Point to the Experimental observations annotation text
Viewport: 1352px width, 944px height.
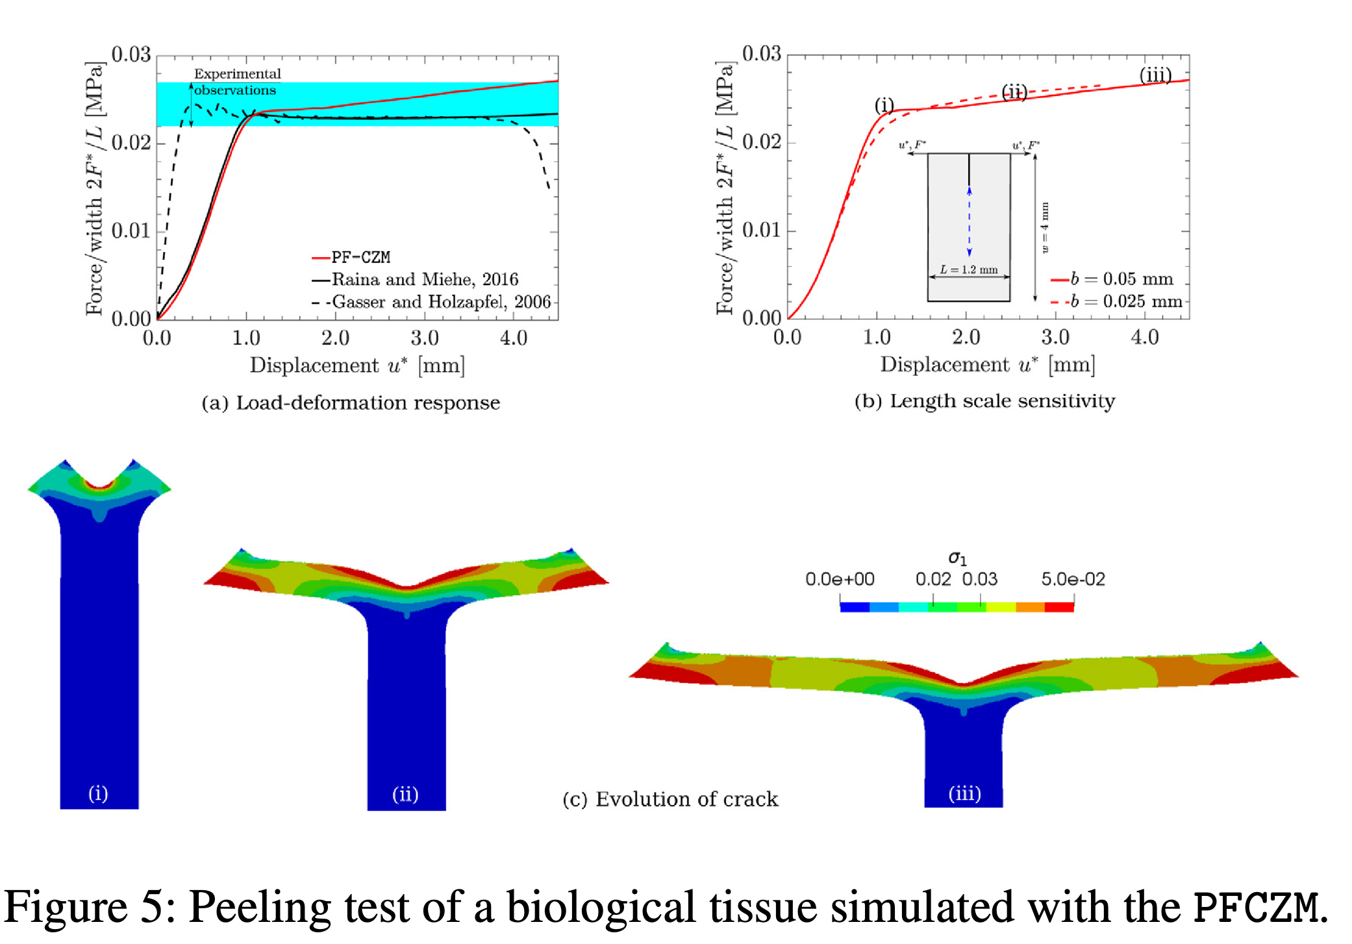[237, 82]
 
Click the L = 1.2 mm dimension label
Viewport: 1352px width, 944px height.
[969, 269]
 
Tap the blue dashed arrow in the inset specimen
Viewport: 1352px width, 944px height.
[969, 221]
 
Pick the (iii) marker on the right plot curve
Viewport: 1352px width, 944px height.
[1155, 75]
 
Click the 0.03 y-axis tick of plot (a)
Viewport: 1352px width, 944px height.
[131, 55]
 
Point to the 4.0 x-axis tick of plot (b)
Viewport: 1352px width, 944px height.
[1144, 337]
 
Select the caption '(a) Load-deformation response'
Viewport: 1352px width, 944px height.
[351, 403]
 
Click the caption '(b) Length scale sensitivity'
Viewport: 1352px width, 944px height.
[984, 401]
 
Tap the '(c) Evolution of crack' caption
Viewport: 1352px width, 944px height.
[670, 799]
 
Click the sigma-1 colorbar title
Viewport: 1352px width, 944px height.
[957, 558]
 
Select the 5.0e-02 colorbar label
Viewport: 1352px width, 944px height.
[1073, 579]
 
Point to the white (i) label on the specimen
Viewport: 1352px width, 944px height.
[98, 793]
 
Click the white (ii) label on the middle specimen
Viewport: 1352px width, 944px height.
[405, 794]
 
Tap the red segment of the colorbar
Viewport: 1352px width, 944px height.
[1059, 607]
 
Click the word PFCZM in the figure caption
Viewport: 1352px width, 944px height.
[1257, 907]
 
